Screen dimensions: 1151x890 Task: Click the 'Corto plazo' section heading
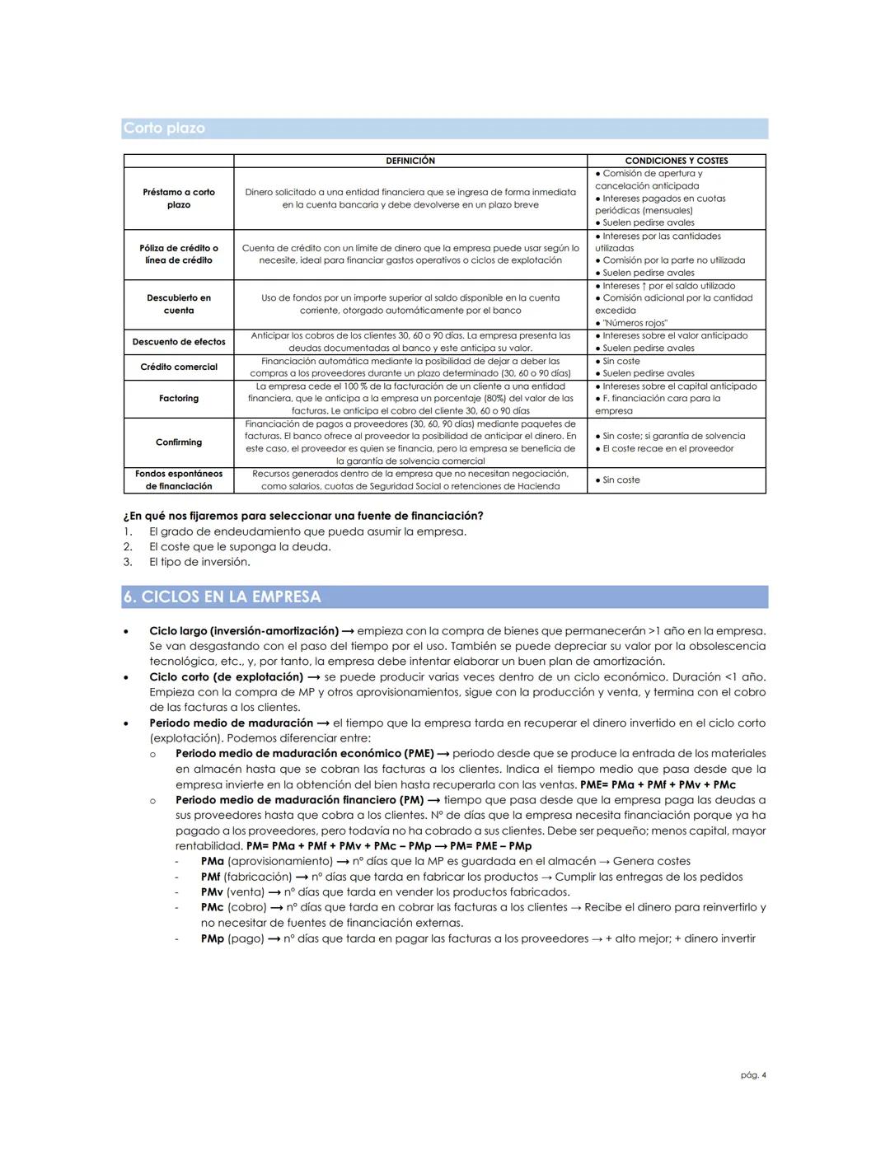[x=164, y=129]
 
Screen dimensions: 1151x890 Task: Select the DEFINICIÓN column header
[x=410, y=161]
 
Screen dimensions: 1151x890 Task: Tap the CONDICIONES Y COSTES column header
[x=676, y=161]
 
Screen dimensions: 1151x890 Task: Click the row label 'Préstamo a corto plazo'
[x=178, y=199]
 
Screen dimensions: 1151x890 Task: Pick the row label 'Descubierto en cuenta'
[x=178, y=304]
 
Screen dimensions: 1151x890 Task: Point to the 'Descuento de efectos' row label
[x=178, y=342]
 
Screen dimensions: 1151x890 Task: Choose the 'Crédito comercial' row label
[x=178, y=367]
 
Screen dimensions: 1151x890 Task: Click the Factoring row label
[x=178, y=399]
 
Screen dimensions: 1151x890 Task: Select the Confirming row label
[x=178, y=442]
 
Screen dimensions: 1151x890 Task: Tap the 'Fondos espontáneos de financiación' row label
[x=178, y=480]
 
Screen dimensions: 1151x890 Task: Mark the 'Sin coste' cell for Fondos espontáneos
[x=621, y=480]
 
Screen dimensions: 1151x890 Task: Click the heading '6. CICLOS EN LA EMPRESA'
[x=222, y=597]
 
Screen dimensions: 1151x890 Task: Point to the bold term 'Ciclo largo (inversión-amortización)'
[x=244, y=631]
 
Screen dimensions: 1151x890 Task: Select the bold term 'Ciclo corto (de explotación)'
[x=226, y=677]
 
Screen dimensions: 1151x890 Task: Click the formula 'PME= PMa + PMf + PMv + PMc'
[x=658, y=785]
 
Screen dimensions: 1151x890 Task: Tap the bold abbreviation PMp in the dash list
[x=212, y=938]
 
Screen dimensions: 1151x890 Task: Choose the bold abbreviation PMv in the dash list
[x=212, y=892]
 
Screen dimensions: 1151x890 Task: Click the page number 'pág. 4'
[x=753, y=1075]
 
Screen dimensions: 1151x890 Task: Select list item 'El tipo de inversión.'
[x=199, y=562]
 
